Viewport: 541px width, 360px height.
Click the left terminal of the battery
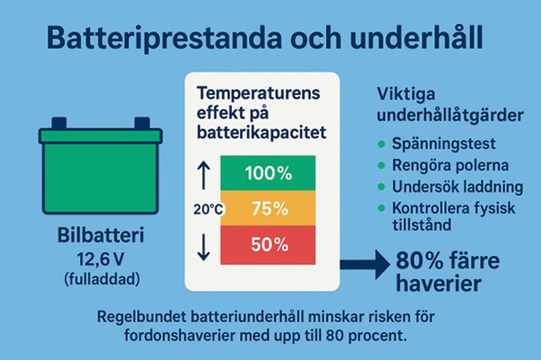point(59,123)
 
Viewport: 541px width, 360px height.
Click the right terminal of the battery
point(142,123)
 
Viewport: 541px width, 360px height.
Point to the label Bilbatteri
point(101,235)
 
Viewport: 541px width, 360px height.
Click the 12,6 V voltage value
point(101,259)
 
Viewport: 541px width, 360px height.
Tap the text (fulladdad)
point(102,279)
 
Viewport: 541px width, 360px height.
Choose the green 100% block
point(268,173)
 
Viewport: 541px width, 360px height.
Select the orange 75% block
point(268,208)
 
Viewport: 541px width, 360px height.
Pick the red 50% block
point(268,245)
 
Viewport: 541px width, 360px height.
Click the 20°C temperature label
point(208,209)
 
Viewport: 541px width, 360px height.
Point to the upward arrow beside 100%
point(203,176)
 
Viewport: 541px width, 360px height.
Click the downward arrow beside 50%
point(203,247)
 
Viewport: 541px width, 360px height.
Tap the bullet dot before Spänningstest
point(381,144)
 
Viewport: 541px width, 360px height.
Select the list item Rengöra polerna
point(450,165)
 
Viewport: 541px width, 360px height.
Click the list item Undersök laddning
point(458,186)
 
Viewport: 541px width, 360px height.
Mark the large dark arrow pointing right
point(365,264)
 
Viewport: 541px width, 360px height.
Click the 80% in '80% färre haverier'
point(419,261)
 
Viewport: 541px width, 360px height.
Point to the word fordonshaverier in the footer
point(180,335)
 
